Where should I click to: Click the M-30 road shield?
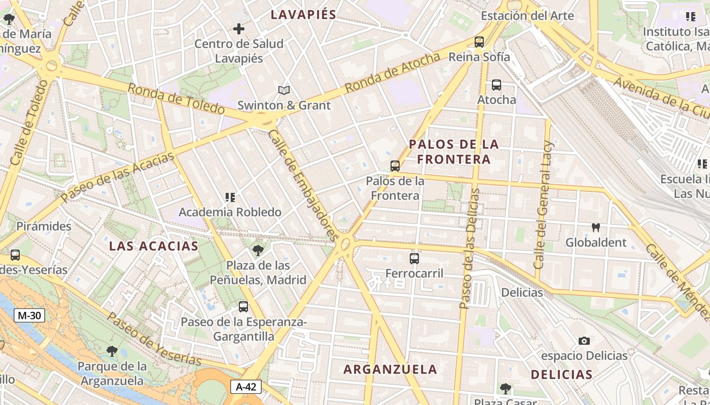[29, 315]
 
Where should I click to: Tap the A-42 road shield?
[246, 387]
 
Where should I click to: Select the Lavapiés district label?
[303, 14]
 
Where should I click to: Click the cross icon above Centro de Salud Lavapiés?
[238, 29]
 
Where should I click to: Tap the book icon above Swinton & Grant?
[284, 91]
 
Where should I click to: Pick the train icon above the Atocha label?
[496, 85]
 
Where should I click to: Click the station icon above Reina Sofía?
[479, 42]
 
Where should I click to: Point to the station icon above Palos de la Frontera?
[395, 166]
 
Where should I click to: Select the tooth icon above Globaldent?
[596, 228]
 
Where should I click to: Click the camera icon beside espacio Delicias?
[584, 341]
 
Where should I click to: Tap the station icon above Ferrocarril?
[414, 259]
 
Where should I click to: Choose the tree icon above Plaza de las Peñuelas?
[258, 250]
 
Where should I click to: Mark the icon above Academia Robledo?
[230, 197]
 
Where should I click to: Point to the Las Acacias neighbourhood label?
[154, 246]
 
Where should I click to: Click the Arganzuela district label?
[390, 369]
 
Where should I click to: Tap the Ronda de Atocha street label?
[392, 73]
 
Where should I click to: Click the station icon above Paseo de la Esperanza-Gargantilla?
[243, 306]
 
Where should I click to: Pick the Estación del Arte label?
[527, 16]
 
